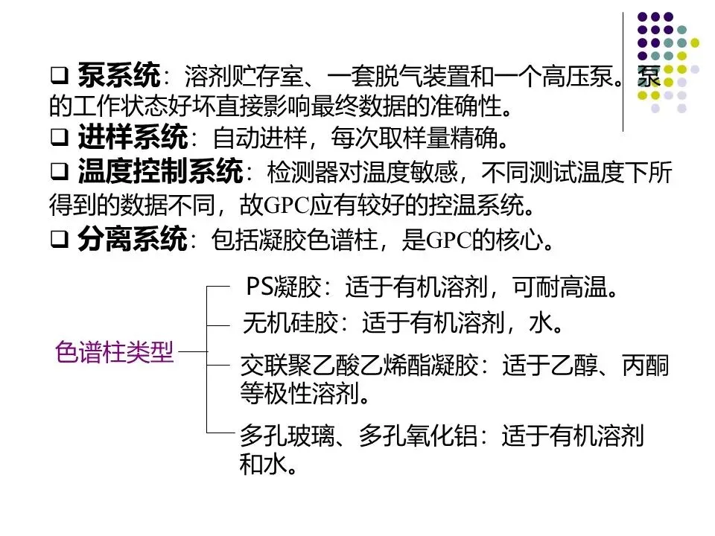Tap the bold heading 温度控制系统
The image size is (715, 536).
point(159,173)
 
